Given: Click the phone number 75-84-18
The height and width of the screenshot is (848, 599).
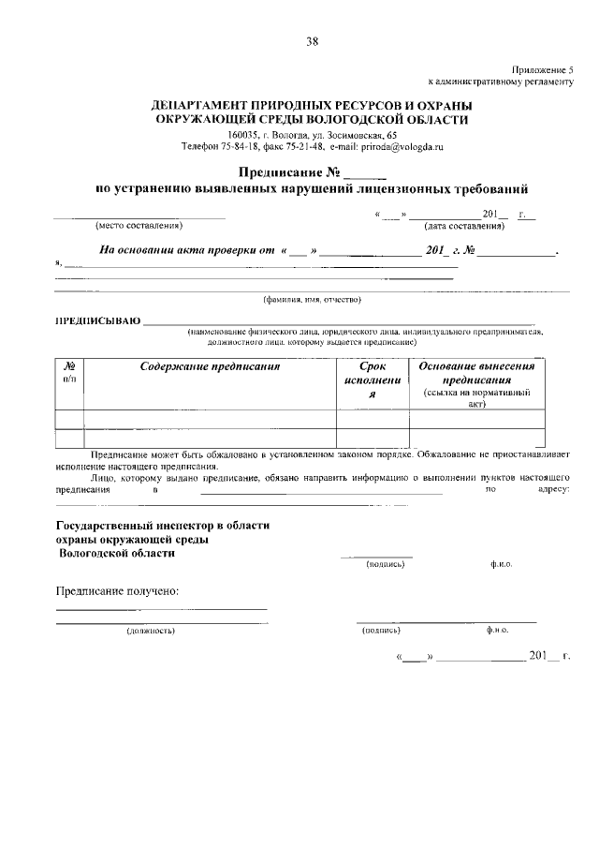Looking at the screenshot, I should tap(240, 147).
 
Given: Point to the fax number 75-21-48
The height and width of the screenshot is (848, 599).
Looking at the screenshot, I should tap(302, 147).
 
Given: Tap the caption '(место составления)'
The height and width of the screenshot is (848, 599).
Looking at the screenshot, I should tap(139, 226).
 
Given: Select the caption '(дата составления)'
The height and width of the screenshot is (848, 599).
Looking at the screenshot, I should tap(465, 226).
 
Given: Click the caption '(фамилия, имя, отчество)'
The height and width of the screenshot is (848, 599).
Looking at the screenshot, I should tap(312, 300).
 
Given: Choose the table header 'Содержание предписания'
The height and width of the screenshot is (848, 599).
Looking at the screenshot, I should tap(211, 367).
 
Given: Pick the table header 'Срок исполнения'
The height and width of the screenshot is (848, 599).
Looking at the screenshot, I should tap(372, 380).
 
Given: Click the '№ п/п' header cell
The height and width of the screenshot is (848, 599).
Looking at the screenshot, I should tap(70, 373).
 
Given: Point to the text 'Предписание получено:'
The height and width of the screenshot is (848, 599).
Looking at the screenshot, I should tap(117, 591).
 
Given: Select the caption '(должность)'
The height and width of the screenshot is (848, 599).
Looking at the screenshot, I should tap(151, 631).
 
